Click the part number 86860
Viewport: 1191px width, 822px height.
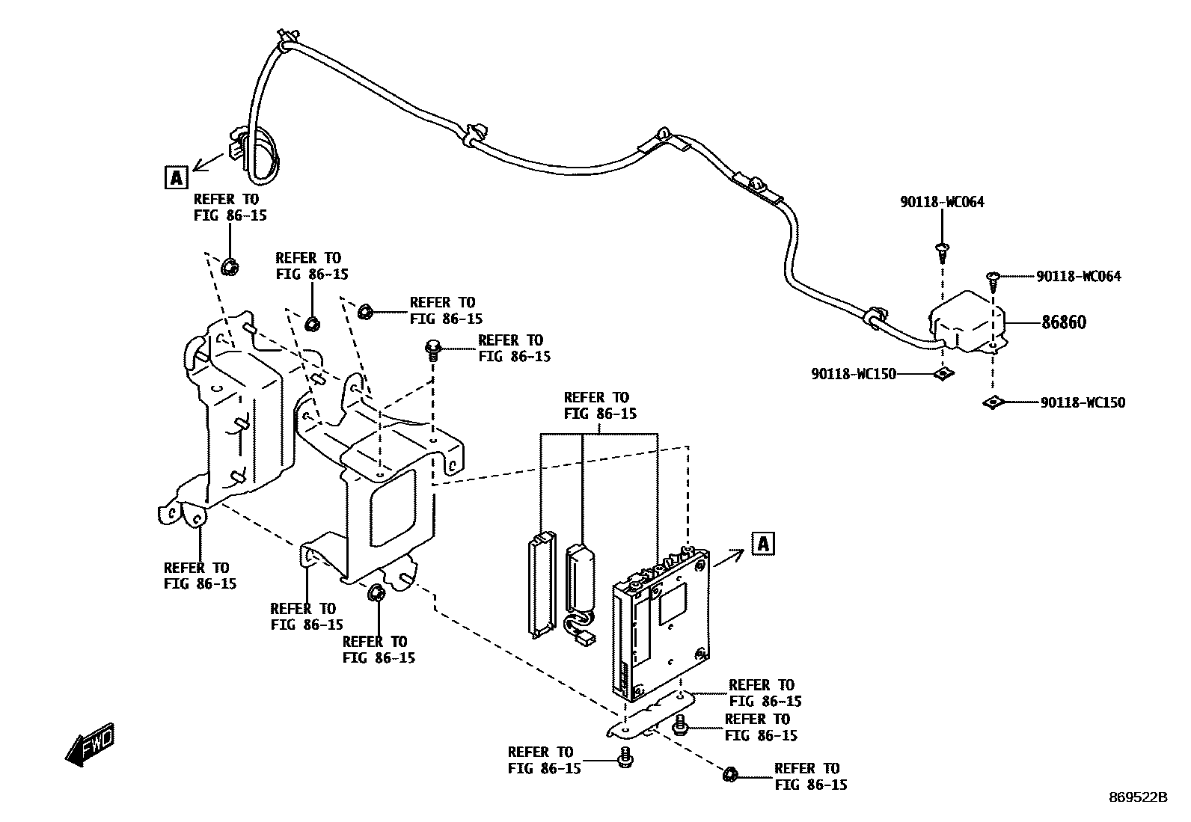tap(1063, 322)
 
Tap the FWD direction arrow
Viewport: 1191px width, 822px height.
tap(90, 744)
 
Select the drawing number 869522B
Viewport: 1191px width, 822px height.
tap(1138, 797)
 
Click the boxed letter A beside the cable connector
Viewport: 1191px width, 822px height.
tap(177, 177)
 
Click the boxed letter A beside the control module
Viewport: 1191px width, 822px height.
tap(763, 544)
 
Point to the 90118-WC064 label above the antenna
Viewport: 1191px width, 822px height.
tap(942, 202)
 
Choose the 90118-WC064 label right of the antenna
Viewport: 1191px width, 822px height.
tap(1079, 277)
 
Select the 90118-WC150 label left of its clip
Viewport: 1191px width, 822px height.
tap(854, 374)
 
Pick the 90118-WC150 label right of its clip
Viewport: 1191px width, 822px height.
tap(1083, 402)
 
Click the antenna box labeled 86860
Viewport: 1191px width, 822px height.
tap(967, 322)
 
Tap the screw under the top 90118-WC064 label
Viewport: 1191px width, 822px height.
tap(943, 253)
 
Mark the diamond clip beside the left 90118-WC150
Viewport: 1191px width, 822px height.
tap(944, 374)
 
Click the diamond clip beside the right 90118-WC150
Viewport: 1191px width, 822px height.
tap(992, 402)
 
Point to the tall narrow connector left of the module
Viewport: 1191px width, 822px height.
tap(542, 583)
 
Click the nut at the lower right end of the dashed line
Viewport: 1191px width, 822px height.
tap(730, 774)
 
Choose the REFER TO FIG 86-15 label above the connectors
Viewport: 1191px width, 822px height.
tap(600, 405)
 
